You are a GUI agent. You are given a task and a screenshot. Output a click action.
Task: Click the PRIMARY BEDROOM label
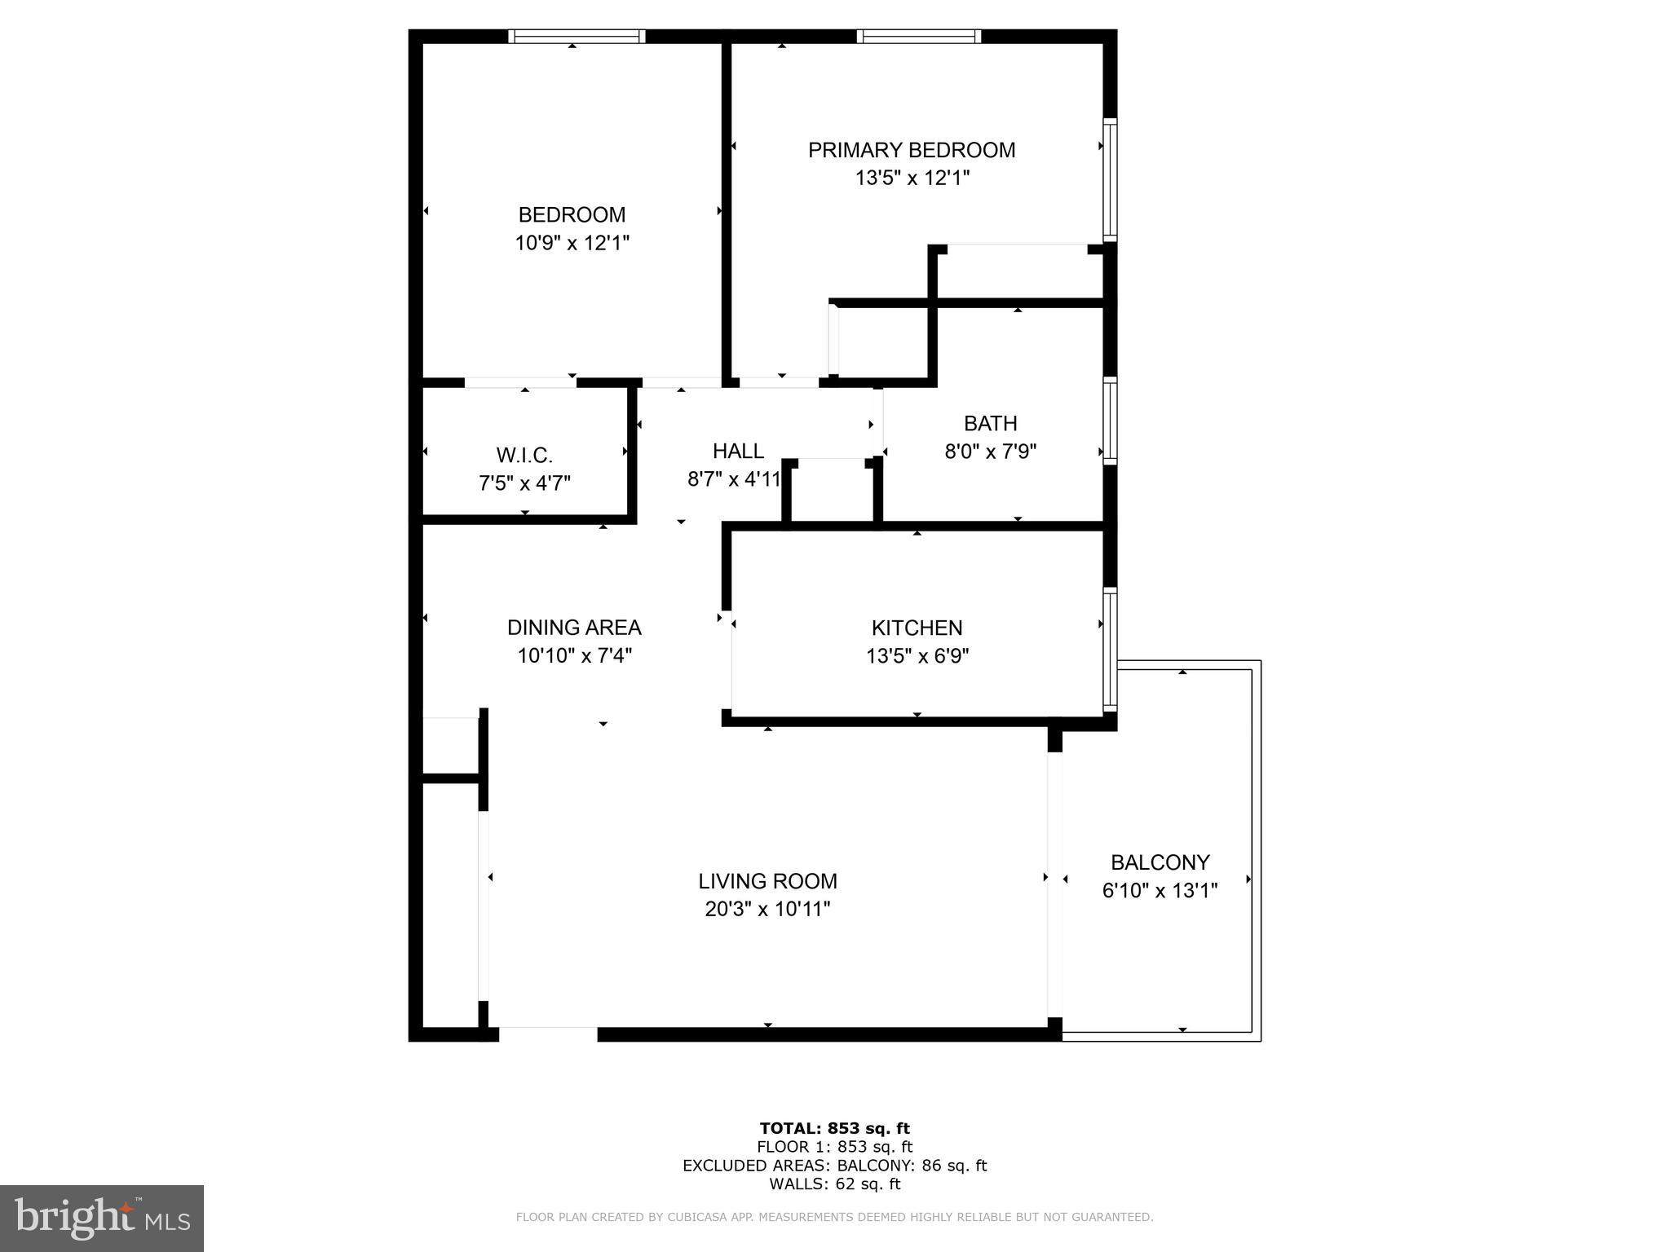tap(911, 150)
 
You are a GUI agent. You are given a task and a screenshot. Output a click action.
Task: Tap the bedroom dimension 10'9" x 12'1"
tap(572, 243)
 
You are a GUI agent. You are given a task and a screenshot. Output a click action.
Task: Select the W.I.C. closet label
tap(524, 455)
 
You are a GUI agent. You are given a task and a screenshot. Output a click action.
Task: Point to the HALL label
tap(738, 451)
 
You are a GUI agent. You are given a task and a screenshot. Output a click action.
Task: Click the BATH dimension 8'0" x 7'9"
tap(990, 452)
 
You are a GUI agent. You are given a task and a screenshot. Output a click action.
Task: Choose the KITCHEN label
tap(917, 628)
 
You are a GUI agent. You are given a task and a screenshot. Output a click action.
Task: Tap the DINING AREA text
tap(574, 628)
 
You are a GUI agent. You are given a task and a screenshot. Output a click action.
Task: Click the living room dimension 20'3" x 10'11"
tap(767, 909)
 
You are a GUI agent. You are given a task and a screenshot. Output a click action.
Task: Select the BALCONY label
tap(1160, 862)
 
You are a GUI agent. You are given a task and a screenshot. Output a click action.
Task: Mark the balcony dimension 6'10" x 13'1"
tap(1160, 891)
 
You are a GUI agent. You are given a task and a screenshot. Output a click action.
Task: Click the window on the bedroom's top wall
tap(577, 36)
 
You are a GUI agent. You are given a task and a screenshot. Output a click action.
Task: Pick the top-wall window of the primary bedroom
tap(918, 36)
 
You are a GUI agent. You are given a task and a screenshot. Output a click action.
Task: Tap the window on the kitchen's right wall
tap(1110, 649)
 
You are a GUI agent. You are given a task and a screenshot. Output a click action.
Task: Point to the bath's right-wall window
tap(1110, 421)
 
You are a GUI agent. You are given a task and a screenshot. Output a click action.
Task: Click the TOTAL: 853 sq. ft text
tap(834, 1128)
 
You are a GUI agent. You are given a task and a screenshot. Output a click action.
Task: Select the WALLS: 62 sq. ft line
tap(834, 1184)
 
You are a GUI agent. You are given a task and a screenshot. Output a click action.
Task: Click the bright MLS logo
tap(101, 1218)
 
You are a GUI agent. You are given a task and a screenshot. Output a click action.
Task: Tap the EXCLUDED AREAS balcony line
tap(834, 1166)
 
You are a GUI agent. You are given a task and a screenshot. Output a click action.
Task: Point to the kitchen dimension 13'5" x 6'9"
tap(917, 656)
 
